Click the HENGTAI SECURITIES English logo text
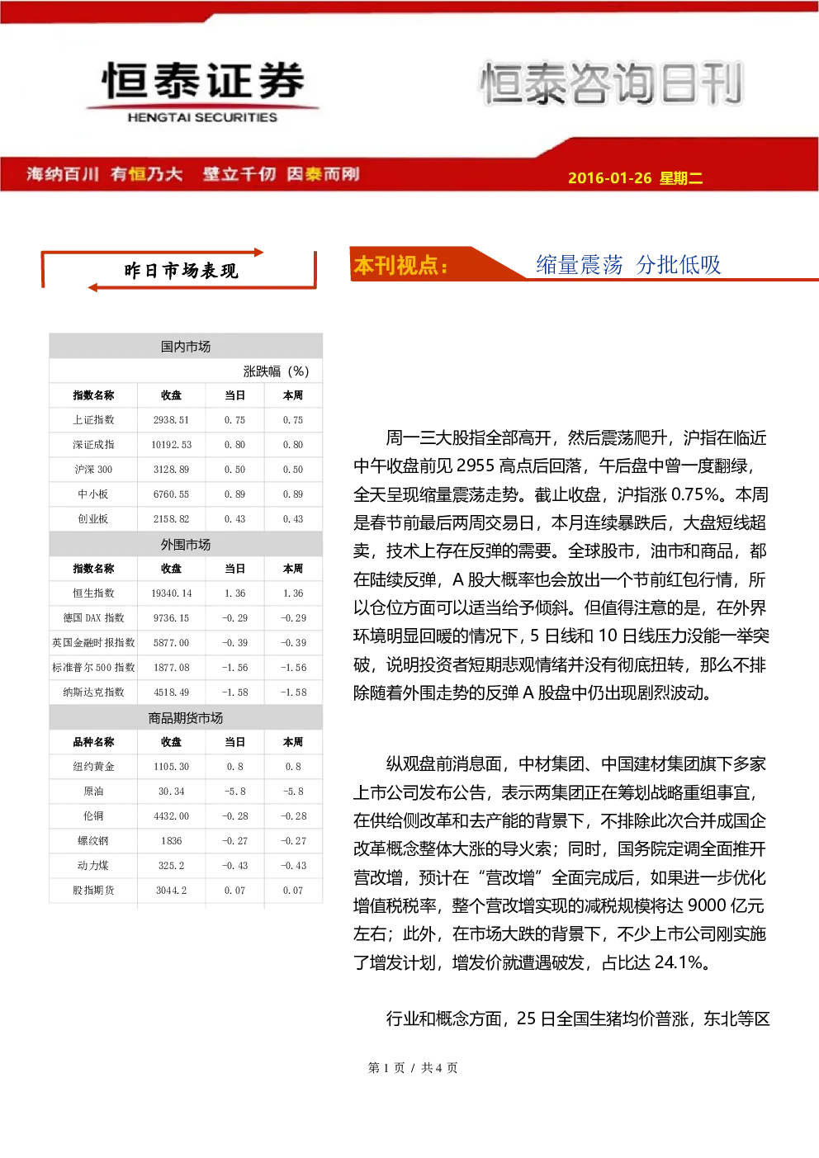[x=202, y=117]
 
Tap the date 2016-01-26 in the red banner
[x=609, y=177]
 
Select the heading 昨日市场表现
[x=181, y=271]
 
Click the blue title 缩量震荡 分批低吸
[x=628, y=265]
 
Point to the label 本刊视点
[x=400, y=266]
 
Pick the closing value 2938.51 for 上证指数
[x=171, y=420]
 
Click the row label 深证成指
[x=93, y=445]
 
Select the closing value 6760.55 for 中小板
[x=171, y=494]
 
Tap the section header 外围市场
[x=186, y=545]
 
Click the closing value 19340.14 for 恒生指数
[x=171, y=593]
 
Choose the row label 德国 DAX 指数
[x=93, y=617]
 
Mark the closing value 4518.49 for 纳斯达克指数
[x=171, y=692]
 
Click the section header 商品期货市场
[x=186, y=718]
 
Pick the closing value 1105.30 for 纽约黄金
[x=171, y=767]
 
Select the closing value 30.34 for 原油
[x=171, y=792]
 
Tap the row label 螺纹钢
[x=93, y=841]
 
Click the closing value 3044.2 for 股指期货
[x=171, y=891]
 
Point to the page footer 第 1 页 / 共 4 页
[x=413, y=1068]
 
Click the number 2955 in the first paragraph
[x=476, y=466]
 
